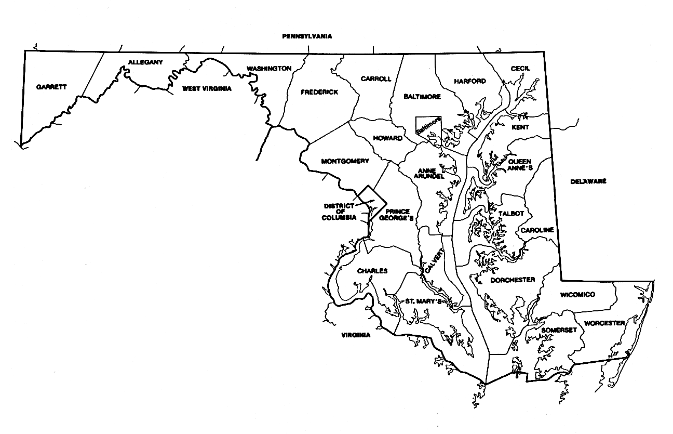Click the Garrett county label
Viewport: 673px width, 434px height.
click(51, 87)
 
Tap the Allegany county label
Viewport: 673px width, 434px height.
click(145, 62)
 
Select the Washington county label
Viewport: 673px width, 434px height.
click(268, 69)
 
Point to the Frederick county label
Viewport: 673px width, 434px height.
click(319, 92)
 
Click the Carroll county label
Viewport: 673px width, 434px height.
click(375, 79)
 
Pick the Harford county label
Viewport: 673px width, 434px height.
click(469, 81)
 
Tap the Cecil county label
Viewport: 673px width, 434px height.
click(520, 69)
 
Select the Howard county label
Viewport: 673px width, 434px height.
click(388, 138)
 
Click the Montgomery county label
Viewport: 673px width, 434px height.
click(345, 161)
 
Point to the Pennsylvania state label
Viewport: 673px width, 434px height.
click(306, 36)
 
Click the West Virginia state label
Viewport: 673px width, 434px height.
click(206, 89)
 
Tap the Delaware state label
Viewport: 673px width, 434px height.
click(588, 181)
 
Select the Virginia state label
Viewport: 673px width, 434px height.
click(356, 335)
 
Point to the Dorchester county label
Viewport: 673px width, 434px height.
click(513, 280)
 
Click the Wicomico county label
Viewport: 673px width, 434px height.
click(577, 295)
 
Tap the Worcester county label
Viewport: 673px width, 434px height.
click(604, 323)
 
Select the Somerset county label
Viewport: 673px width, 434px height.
click(559, 330)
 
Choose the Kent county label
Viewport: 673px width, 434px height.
click(520, 127)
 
